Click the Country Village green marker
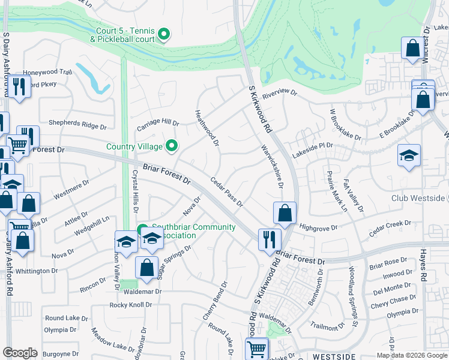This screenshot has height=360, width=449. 172,146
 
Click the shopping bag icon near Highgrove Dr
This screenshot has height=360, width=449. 285,212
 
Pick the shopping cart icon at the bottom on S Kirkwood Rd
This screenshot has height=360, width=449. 256,348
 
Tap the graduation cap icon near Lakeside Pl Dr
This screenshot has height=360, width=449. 409,155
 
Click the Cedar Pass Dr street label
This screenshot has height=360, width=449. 226,191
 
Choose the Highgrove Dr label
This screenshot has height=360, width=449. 319,227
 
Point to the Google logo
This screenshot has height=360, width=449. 20,353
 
